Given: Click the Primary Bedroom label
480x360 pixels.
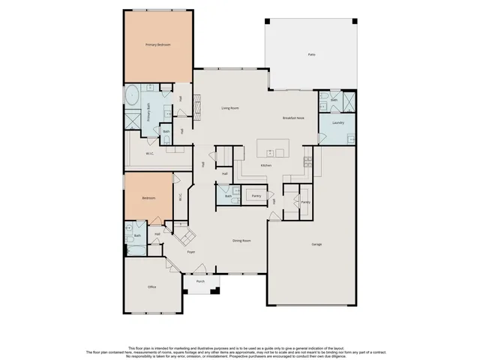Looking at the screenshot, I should tap(157, 45).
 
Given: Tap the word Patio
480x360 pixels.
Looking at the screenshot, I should tap(311, 55).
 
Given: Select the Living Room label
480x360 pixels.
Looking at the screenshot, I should tap(229, 108).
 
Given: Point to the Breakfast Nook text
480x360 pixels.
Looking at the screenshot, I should tap(293, 118).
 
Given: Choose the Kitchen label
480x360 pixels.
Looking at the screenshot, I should tap(265, 165).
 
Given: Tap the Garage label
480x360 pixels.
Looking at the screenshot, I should tap(316, 244).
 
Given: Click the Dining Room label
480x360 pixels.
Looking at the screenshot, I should tap(241, 240).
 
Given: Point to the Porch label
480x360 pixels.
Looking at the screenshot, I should tap(200, 282).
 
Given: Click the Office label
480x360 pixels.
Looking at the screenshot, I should tap(151, 286).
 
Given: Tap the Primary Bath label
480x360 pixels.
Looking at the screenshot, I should tap(148, 112).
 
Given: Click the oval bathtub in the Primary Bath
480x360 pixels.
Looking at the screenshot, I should tap(132, 95).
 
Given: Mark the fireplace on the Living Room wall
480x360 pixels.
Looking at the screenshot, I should tap(197, 107).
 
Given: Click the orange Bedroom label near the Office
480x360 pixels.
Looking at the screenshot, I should tap(148, 198).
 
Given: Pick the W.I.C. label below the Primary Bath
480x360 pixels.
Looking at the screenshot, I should tap(150, 154).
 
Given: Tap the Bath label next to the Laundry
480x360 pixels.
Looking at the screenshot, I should tap(334, 100).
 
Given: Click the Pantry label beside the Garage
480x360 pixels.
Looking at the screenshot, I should tap(305, 202).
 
